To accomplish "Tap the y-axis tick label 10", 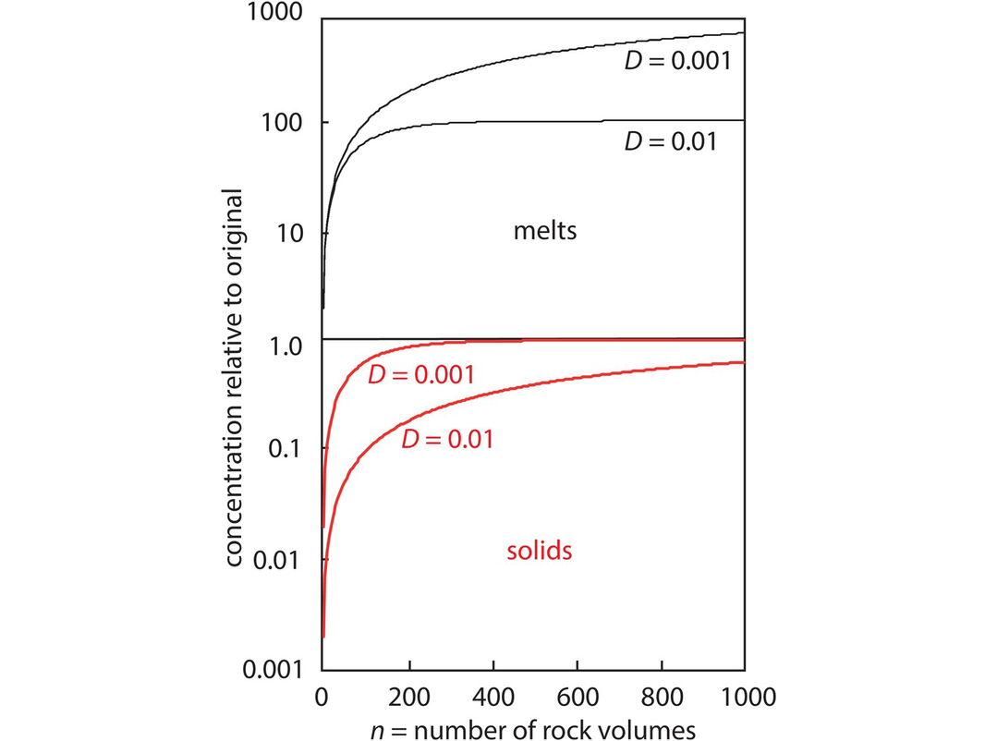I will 291,233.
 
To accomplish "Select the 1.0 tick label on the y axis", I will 285,347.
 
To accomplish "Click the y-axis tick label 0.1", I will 285,450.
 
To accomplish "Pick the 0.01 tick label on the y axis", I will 277,560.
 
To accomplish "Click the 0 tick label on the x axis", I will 322,694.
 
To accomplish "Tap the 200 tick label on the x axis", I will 407,694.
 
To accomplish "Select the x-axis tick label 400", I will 492,694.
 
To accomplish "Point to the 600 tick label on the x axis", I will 577,694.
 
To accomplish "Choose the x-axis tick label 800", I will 661,694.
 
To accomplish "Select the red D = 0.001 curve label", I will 421,375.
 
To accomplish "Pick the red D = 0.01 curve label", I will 446,439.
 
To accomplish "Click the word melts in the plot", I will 545,230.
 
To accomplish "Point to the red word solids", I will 540,552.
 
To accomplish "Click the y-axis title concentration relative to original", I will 235,378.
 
